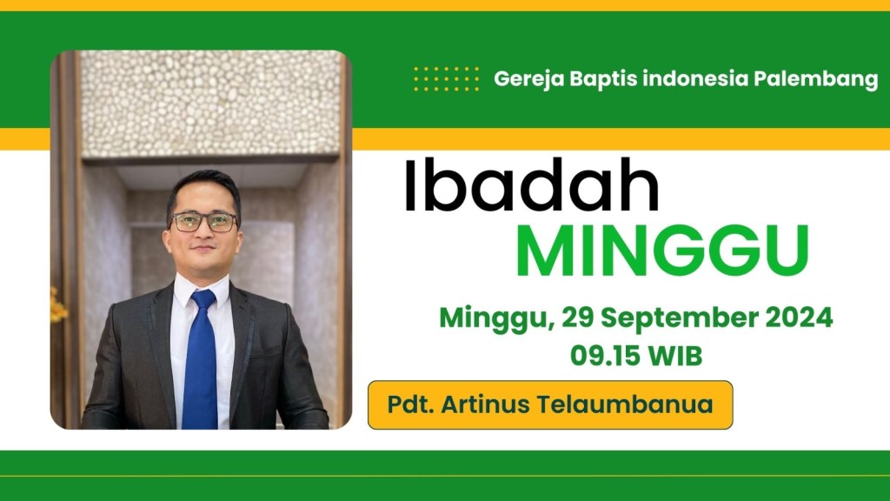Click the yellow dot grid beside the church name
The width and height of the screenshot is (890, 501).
click(446, 78)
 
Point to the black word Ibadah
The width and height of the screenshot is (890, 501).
click(532, 185)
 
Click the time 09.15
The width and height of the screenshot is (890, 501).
click(606, 356)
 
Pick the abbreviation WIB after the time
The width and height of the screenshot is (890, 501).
click(675, 356)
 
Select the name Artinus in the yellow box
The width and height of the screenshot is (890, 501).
click(485, 404)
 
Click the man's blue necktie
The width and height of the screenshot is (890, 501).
click(201, 361)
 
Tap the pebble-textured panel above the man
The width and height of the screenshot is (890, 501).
click(210, 103)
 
